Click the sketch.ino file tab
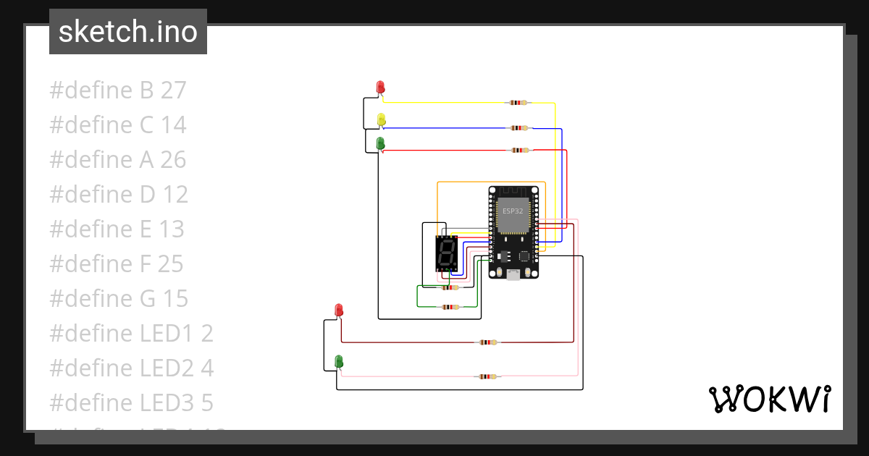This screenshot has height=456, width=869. point(127,32)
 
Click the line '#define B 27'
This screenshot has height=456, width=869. point(118,90)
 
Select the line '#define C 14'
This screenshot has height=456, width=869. point(118,125)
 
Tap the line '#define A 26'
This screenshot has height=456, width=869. point(118,160)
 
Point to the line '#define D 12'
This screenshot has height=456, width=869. point(119,195)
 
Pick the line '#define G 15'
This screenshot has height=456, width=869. point(119,299)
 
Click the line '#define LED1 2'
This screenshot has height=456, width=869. point(131,334)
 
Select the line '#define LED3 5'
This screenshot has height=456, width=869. point(131,403)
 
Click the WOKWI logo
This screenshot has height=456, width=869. point(768,400)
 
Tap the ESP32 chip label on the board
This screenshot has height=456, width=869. point(513,211)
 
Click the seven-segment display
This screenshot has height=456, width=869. point(446,253)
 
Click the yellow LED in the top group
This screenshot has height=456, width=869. point(382,119)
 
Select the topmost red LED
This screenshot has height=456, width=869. point(380,87)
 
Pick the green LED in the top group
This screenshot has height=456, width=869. point(380,143)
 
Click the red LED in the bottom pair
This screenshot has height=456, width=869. point(338,310)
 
